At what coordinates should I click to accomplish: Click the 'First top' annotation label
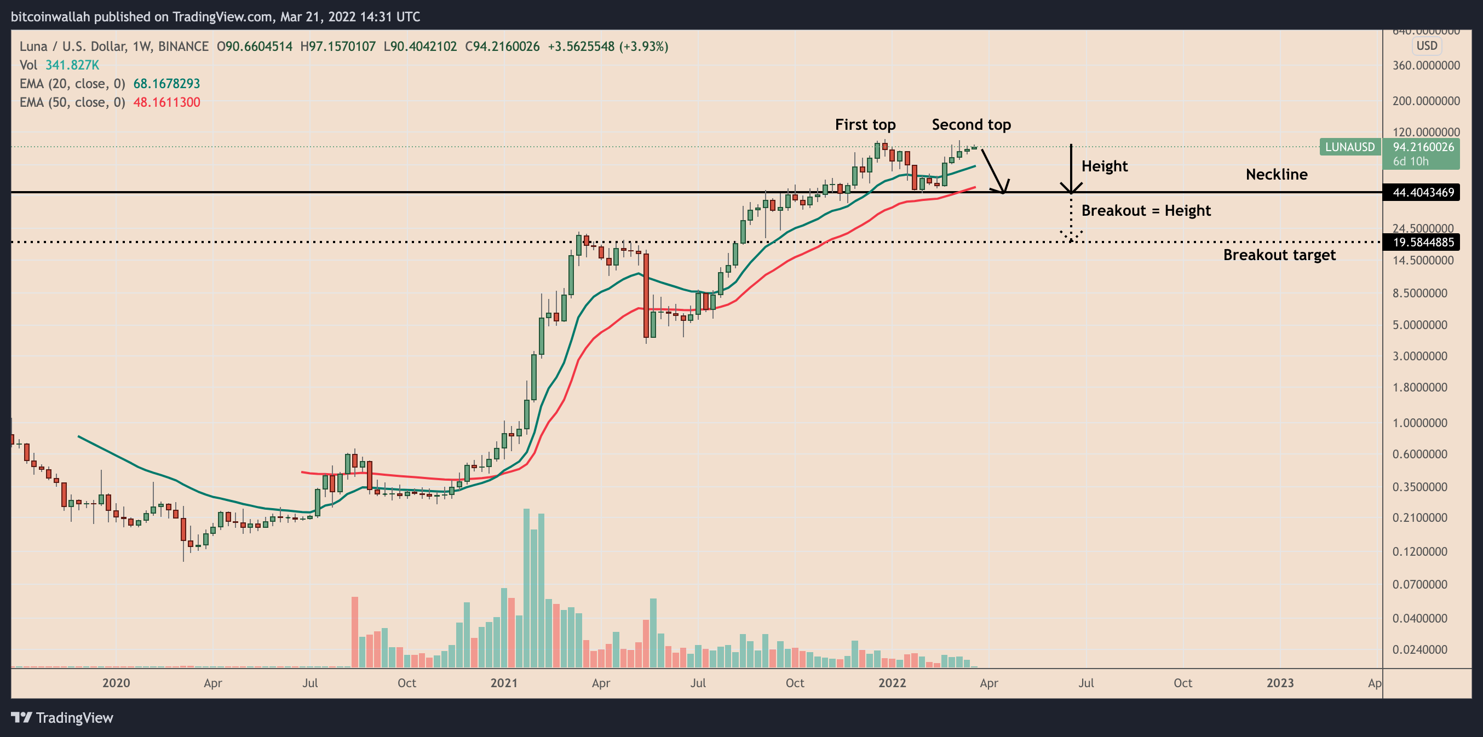(x=865, y=124)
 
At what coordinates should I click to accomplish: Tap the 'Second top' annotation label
(x=971, y=124)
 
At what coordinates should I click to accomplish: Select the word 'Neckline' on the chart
(x=1277, y=174)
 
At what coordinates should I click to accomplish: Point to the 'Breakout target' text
(x=1279, y=255)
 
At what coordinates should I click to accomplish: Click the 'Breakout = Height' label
(x=1146, y=210)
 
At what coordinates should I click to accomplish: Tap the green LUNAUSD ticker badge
(x=1349, y=147)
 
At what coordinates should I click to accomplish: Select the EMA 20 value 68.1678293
(x=166, y=83)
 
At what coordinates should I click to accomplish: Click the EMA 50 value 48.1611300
(x=166, y=102)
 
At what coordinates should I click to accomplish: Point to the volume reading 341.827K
(x=72, y=65)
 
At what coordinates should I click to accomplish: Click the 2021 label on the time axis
(x=504, y=683)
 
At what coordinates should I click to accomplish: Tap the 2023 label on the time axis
(x=1280, y=683)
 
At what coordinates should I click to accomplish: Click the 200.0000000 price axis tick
(x=1425, y=101)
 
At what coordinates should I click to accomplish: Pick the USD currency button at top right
(x=1427, y=45)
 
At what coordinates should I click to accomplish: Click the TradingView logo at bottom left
(x=62, y=717)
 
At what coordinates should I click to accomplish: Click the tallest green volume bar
(x=526, y=588)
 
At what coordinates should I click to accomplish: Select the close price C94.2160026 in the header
(x=502, y=46)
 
